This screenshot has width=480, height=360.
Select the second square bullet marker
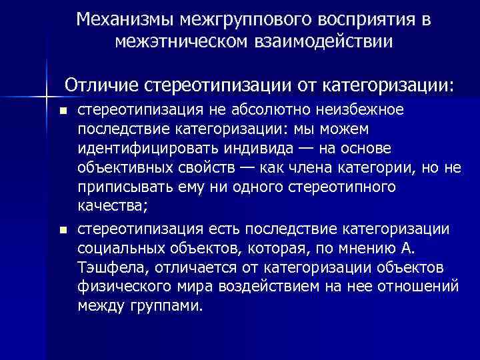(63, 230)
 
